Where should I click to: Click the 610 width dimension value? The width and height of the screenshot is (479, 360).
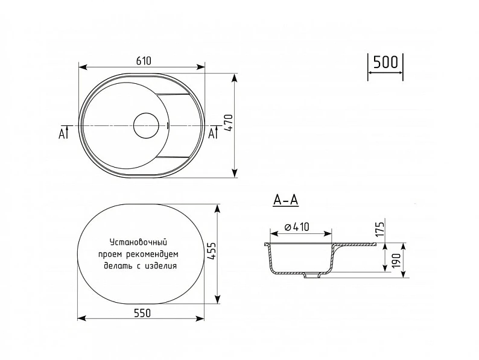pos(144,61)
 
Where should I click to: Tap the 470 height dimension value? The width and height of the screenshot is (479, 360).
pos(229,123)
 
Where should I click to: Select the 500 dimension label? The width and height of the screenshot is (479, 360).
pos(385,62)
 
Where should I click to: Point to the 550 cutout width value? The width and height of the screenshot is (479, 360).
pos(142,313)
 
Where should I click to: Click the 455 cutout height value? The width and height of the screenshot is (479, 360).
pos(212,251)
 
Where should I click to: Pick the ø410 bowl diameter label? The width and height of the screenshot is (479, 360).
pos(297,227)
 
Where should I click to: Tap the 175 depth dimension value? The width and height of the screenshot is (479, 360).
pos(379,229)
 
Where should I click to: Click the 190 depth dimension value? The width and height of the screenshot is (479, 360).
pos(396,261)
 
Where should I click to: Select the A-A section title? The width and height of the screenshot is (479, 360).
pos(285,200)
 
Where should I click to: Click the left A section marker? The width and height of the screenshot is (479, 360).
pos(63,133)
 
